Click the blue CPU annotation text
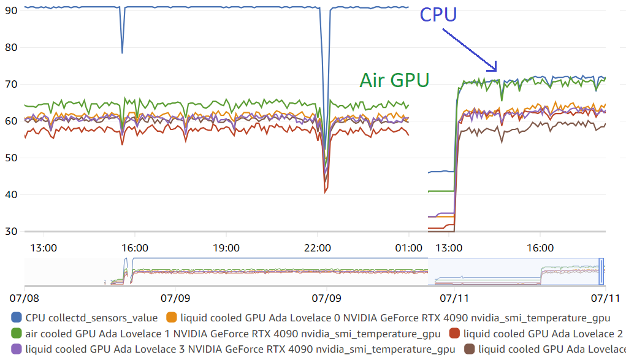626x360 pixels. click(x=438, y=14)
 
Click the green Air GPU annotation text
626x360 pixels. click(x=394, y=80)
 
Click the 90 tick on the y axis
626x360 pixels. click(x=11, y=10)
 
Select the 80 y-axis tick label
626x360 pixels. click(x=11, y=47)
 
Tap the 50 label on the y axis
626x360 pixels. click(x=11, y=158)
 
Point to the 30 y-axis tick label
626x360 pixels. click(x=11, y=231)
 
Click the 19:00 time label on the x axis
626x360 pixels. click(x=226, y=248)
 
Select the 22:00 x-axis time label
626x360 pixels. click(x=318, y=248)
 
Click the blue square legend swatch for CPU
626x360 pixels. click(x=17, y=318)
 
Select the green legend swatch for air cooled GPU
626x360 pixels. click(x=17, y=334)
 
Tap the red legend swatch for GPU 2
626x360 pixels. click(x=454, y=334)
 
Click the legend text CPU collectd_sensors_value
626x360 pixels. click(x=91, y=318)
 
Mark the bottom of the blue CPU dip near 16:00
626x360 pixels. click(x=122, y=52)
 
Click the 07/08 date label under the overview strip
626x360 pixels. click(x=25, y=299)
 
